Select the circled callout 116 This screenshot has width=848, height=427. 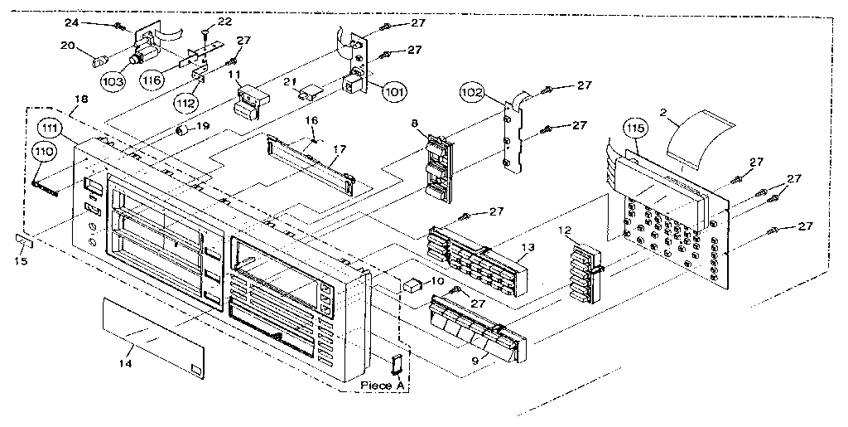click(151, 80)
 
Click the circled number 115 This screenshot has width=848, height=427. click(635, 131)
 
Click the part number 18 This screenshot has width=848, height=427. click(79, 99)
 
